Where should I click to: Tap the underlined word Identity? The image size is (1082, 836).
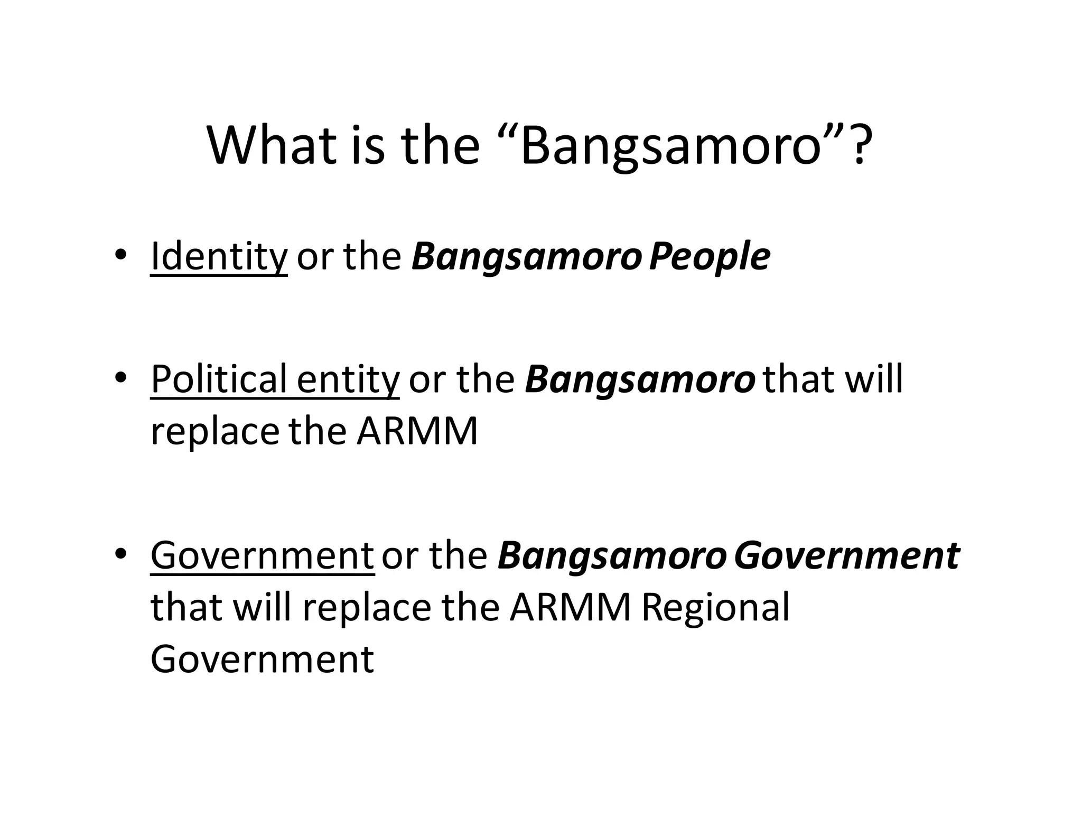[x=219, y=257]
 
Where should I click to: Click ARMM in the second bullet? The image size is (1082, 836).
[x=417, y=431]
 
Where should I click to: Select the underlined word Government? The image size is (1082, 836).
[x=263, y=555]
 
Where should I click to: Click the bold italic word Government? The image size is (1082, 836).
[x=846, y=556]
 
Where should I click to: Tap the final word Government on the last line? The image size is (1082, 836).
[x=263, y=658]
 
